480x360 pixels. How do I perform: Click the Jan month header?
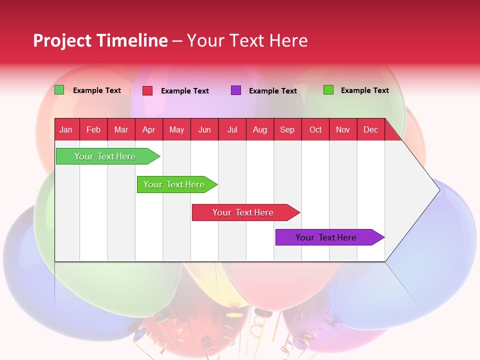tap(66, 129)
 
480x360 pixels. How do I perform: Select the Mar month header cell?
tap(121, 129)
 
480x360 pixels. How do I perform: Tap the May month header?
tap(176, 129)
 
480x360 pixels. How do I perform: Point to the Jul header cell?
tap(232, 129)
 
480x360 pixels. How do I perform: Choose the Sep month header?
tap(287, 129)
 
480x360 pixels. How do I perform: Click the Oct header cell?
tap(315, 129)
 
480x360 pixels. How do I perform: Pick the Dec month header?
tap(370, 129)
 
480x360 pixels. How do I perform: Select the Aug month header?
tap(259, 129)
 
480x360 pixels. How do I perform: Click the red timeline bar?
tap(242, 212)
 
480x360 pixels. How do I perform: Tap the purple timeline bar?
tap(325, 237)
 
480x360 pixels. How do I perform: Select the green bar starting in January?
tap(104, 156)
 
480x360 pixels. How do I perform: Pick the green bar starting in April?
tap(173, 184)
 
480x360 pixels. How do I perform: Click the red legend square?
tap(147, 90)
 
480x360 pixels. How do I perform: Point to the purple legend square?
tap(236, 90)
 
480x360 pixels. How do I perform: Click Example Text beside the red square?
tap(184, 91)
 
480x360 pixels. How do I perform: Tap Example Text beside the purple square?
tap(272, 91)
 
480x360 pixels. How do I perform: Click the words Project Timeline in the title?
tap(100, 40)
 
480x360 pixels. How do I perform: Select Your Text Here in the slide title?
tap(247, 40)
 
